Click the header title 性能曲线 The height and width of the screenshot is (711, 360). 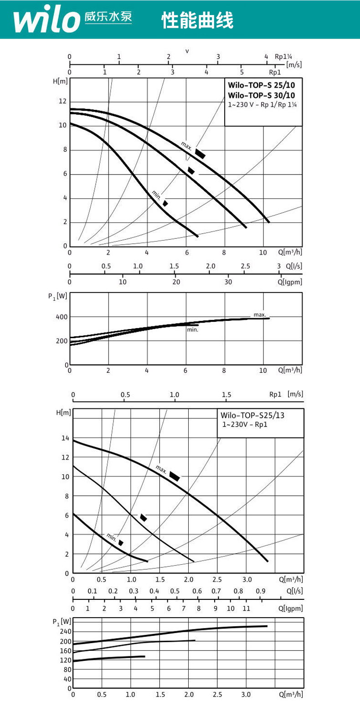[197, 21]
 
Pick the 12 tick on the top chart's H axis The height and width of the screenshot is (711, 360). [62, 101]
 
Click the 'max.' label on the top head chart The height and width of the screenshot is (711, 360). [186, 145]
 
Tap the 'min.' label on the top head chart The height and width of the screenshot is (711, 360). [157, 196]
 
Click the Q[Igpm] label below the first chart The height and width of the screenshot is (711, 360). [290, 282]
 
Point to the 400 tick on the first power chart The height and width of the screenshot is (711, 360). [62, 317]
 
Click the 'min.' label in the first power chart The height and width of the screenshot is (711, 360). [192, 330]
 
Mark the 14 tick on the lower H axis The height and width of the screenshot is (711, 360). [65, 438]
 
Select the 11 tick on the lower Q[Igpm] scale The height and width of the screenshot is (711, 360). [246, 608]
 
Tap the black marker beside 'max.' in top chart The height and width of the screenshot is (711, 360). [200, 153]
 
